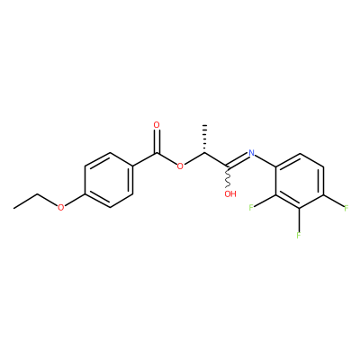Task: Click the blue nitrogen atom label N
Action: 251,153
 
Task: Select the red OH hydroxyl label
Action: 230,193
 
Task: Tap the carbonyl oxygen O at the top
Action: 157,125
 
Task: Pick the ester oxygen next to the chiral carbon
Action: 180,166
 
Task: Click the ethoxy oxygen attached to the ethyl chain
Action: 61,207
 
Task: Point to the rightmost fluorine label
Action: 346,208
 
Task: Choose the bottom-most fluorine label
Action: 299,235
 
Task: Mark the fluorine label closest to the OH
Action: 251,207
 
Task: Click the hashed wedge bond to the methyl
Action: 205,139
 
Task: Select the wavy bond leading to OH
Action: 228,177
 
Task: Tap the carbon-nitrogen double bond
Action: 238,159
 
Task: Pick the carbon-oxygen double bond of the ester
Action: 157,141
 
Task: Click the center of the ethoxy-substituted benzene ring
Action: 109,180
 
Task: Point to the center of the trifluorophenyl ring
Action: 300,181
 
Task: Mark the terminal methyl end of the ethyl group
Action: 13,208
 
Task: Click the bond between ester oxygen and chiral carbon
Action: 194,158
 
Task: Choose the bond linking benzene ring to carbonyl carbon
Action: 145,160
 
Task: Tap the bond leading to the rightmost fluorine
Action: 333,201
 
